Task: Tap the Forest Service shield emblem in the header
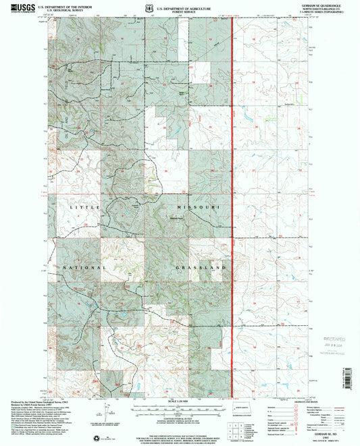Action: coord(176,6)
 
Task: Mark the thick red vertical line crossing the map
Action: coord(233,202)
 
